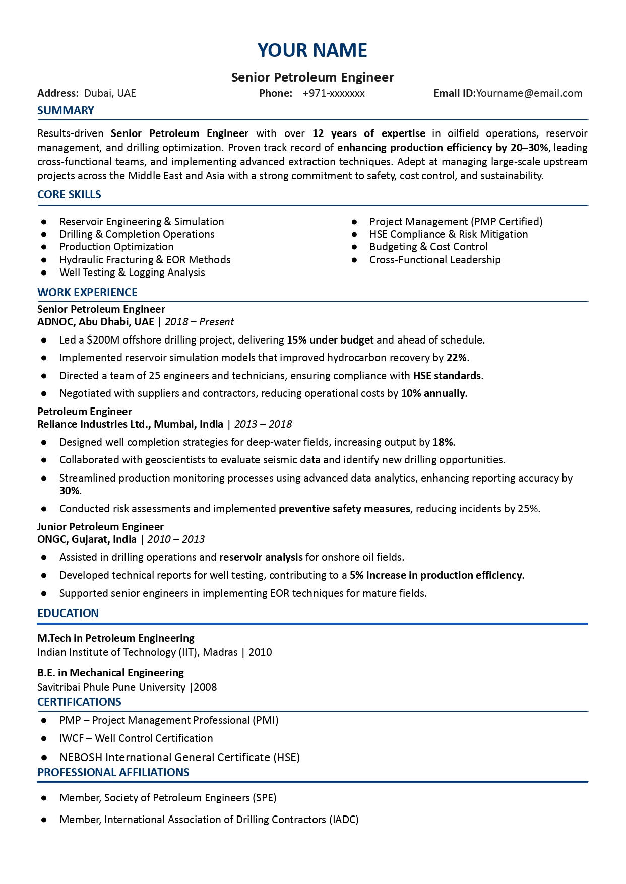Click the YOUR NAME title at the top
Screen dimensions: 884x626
pos(312,50)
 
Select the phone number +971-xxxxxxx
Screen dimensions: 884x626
pos(334,93)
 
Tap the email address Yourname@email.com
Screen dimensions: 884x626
pos(529,93)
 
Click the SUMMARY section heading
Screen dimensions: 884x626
pos(66,110)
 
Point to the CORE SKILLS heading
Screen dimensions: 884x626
pos(69,194)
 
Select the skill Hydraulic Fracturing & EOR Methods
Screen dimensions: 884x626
pos(145,260)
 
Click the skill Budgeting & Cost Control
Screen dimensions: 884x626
pos(428,247)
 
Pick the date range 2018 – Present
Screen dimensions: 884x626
pos(199,322)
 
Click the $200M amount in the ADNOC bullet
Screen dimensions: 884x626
pos(103,340)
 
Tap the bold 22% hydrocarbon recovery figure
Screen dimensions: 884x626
pos(457,358)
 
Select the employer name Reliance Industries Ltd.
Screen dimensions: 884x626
pos(93,424)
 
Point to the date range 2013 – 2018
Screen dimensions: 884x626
pos(263,424)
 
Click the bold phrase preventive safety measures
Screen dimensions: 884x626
pos(344,509)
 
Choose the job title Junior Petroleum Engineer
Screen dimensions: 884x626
pos(100,527)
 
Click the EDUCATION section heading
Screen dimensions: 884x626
pos(68,613)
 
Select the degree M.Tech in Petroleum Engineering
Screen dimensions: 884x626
pos(115,638)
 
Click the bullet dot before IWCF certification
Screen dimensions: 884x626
pos(44,739)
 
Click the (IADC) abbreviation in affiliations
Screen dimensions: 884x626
pos(344,820)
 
